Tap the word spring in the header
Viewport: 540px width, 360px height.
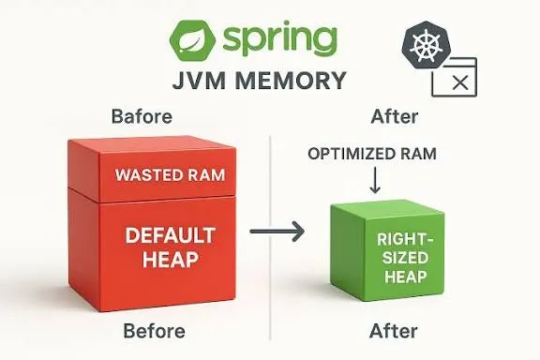tap(278, 40)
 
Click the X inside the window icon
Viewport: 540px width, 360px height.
tap(459, 82)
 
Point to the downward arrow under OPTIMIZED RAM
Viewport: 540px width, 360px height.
tap(376, 179)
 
